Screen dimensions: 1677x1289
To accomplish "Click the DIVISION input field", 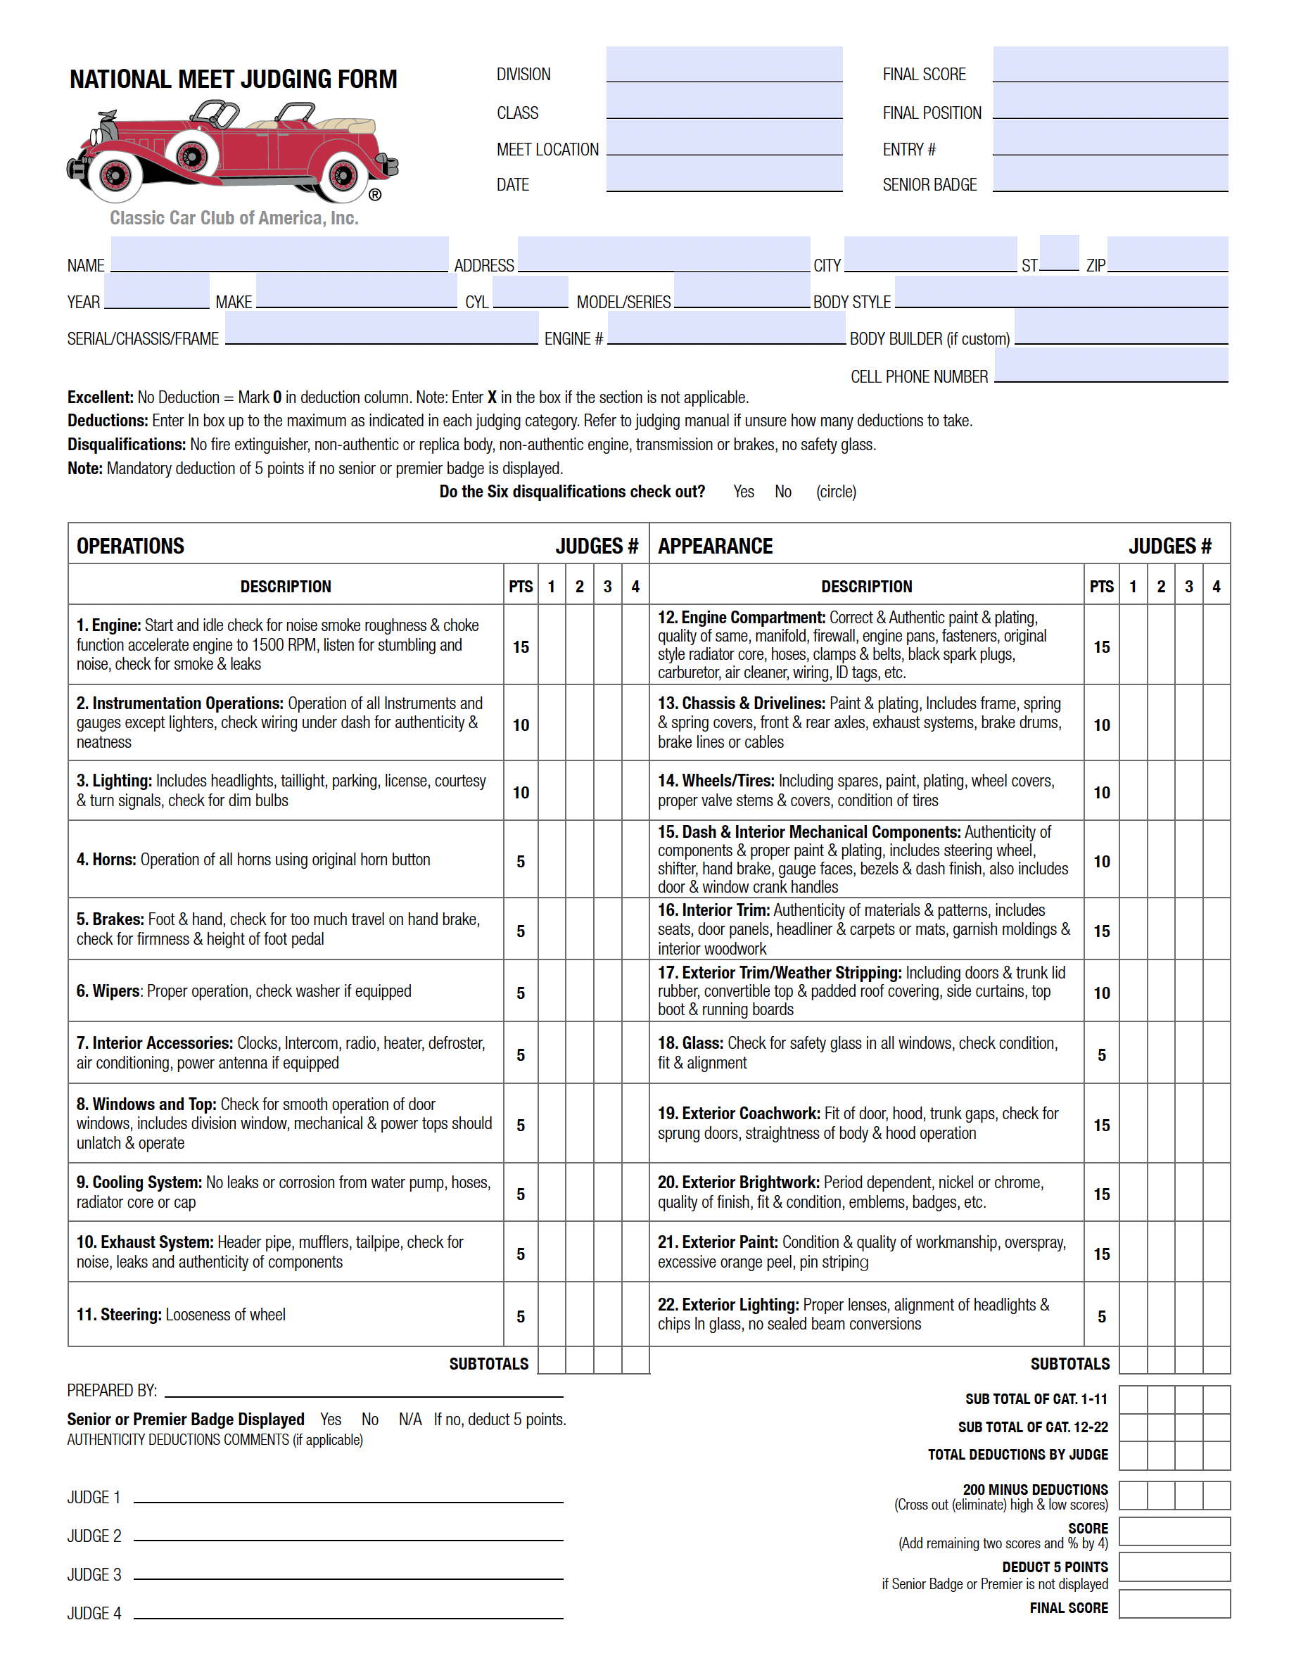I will click(723, 65).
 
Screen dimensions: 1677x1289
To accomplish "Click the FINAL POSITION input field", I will click(1110, 102).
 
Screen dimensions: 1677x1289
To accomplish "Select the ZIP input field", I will click(1167, 255).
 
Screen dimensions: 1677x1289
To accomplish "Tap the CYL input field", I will click(531, 293).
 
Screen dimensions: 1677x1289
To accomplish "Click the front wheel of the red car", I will click(115, 176).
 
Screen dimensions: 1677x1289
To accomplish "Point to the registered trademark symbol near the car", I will click(374, 195).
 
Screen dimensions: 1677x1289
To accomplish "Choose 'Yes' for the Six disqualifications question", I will click(743, 492).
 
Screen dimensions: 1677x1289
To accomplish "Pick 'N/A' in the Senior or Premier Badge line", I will click(409, 1420).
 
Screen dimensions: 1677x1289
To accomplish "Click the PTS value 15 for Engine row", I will click(520, 646).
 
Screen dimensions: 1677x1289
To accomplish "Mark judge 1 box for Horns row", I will click(551, 860).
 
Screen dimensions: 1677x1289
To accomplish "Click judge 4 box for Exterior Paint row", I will click(1215, 1253).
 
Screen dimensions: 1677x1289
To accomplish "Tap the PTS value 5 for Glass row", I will click(1101, 1055).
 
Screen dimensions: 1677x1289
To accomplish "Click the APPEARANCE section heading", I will click(714, 546).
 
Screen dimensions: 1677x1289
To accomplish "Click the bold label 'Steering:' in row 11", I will click(130, 1314).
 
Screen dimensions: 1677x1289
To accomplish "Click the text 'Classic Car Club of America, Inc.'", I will click(234, 219).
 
